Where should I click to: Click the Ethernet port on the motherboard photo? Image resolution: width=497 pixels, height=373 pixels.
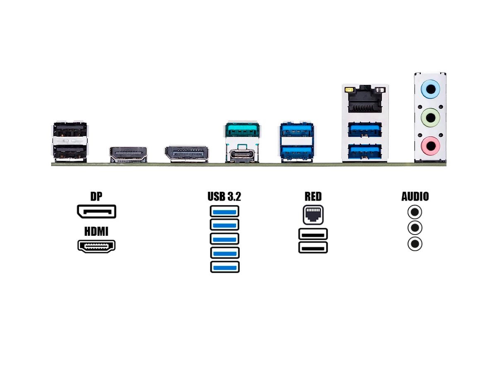[365, 102]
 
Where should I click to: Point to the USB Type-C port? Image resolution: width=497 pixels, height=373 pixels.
[242, 155]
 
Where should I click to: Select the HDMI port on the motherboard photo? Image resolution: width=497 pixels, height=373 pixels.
[128, 154]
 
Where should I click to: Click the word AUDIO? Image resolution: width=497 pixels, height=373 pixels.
[415, 196]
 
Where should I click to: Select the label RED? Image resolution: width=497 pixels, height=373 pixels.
[313, 196]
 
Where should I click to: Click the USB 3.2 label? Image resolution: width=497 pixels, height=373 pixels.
[224, 196]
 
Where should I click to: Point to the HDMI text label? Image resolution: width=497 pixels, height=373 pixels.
[96, 232]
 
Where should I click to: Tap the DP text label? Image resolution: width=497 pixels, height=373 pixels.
[96, 196]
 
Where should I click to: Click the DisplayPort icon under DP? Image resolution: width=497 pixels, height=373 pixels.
[96, 212]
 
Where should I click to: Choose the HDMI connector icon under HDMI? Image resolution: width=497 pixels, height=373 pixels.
[96, 246]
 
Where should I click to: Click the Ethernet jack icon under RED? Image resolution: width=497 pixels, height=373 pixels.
[313, 214]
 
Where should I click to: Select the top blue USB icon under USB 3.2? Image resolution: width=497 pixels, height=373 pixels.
[224, 211]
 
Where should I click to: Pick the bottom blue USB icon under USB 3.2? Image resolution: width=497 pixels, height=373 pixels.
[224, 267]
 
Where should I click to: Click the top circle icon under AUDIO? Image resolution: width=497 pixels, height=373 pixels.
[415, 212]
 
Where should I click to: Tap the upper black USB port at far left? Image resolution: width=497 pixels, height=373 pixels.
[70, 131]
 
